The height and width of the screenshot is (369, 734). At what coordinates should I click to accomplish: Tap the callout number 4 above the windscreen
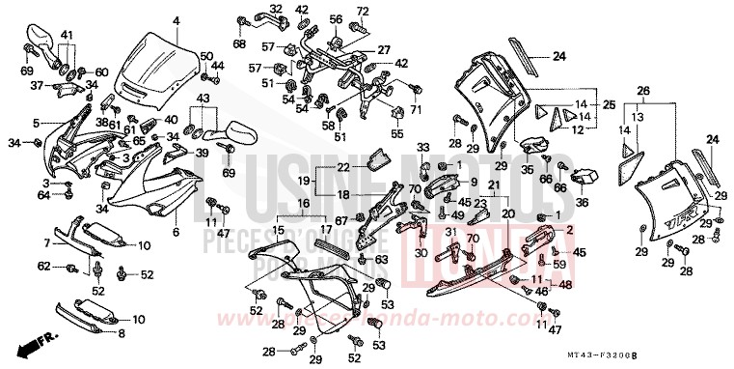176,20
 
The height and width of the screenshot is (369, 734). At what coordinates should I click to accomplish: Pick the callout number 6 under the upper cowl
176,233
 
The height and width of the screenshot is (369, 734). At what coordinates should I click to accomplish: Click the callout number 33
421,147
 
